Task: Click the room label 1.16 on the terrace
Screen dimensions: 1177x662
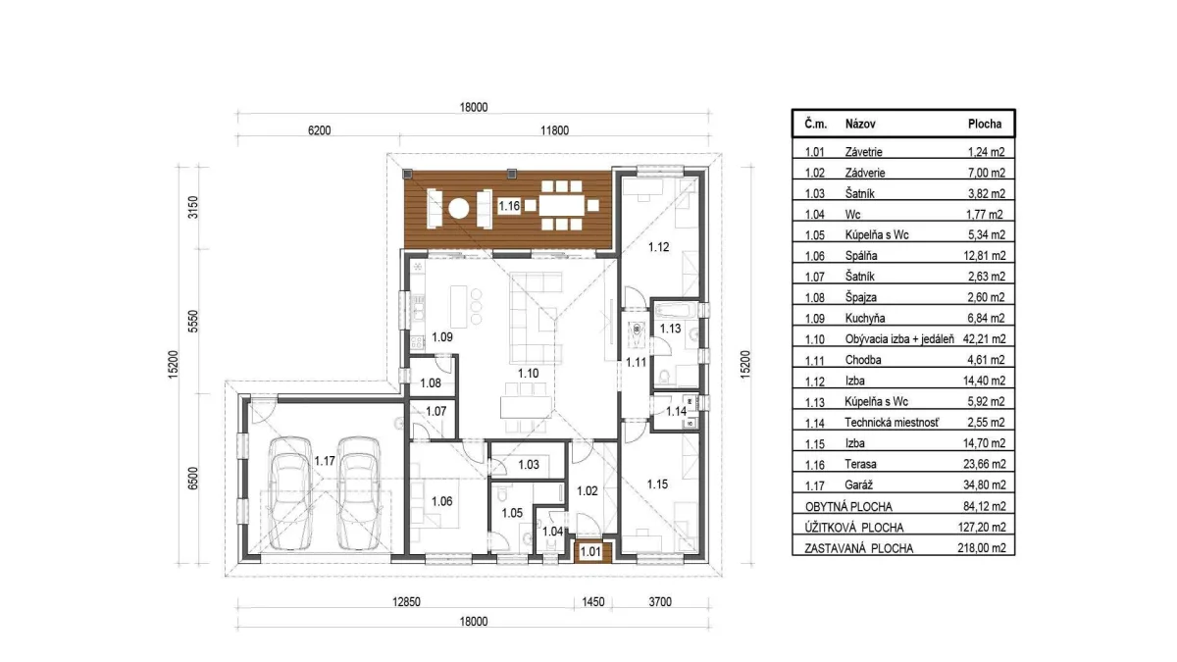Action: click(x=509, y=206)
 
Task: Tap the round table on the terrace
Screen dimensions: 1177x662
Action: click(x=459, y=209)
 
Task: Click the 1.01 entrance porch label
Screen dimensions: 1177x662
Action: click(x=590, y=552)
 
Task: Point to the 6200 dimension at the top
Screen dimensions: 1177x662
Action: click(x=319, y=130)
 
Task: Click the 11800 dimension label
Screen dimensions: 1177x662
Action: click(x=554, y=130)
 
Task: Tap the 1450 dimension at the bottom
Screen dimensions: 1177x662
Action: click(x=593, y=602)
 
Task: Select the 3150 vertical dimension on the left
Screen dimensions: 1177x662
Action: click(x=193, y=207)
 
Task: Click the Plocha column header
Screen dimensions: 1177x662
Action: click(x=985, y=124)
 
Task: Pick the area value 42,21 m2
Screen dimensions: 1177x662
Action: click(x=984, y=339)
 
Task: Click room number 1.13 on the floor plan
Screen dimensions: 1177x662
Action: click(x=671, y=329)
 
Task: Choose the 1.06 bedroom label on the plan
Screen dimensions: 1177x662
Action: click(x=442, y=501)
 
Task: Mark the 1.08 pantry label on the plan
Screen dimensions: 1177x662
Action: click(x=431, y=383)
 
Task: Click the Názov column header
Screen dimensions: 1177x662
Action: click(x=860, y=124)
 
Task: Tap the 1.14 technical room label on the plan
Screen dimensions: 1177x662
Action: click(x=676, y=411)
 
